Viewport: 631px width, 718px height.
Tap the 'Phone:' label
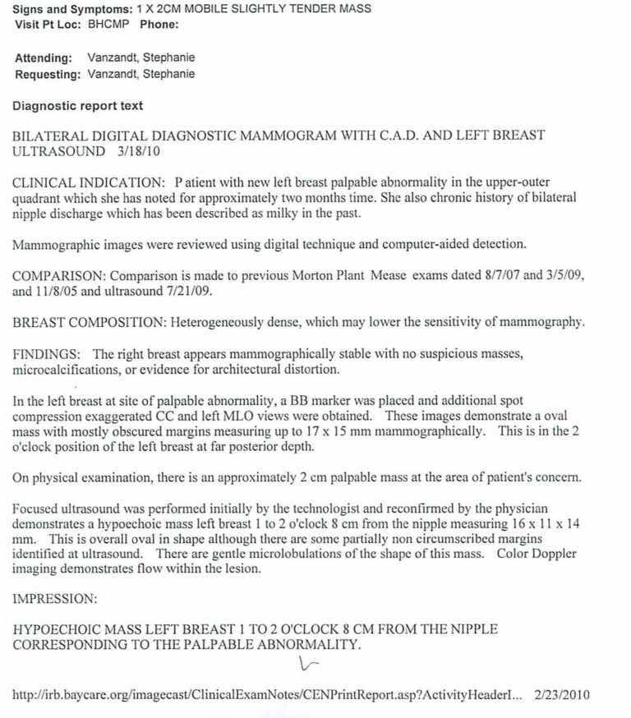159,24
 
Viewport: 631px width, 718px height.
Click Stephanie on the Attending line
171,58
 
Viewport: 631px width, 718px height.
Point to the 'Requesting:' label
48,75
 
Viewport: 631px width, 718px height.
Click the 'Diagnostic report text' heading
78,106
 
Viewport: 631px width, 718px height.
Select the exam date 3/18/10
140,152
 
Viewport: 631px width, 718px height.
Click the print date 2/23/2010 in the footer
561,694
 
